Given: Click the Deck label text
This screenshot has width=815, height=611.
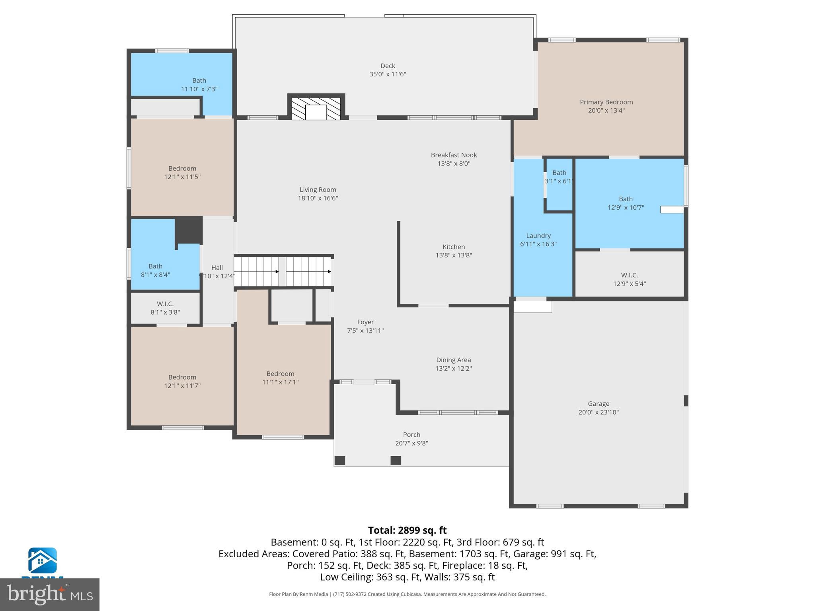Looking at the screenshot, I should click(x=388, y=66).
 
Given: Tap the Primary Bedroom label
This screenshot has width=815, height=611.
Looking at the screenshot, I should click(x=606, y=102).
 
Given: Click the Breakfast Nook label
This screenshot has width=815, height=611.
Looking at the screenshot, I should click(x=454, y=155).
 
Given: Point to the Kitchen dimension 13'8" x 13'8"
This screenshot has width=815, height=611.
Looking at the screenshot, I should click(x=454, y=255).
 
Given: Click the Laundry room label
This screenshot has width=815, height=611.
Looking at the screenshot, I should click(x=538, y=236).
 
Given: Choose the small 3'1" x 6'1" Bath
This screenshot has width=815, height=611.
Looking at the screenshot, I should click(x=559, y=177).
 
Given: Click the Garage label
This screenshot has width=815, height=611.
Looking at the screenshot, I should click(x=599, y=404).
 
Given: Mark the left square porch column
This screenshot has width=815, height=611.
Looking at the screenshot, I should click(x=340, y=460).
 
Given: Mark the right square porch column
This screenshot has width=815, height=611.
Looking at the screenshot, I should click(x=396, y=460).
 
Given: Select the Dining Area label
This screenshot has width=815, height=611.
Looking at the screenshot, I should click(x=453, y=360).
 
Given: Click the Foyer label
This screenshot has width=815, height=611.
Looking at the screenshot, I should click(x=365, y=322).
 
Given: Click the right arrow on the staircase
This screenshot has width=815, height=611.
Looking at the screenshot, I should click(x=329, y=272).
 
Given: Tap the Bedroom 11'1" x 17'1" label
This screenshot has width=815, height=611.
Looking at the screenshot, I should click(x=280, y=374).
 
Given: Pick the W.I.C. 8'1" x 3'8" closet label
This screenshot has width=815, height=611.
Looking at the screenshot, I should click(x=165, y=304).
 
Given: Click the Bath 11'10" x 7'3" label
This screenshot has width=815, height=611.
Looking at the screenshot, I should click(x=199, y=81).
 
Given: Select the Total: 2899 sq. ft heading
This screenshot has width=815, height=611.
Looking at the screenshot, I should click(x=407, y=530).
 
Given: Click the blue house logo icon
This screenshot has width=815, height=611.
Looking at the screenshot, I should click(x=42, y=560).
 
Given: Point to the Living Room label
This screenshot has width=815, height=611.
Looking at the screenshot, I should click(x=318, y=190).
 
